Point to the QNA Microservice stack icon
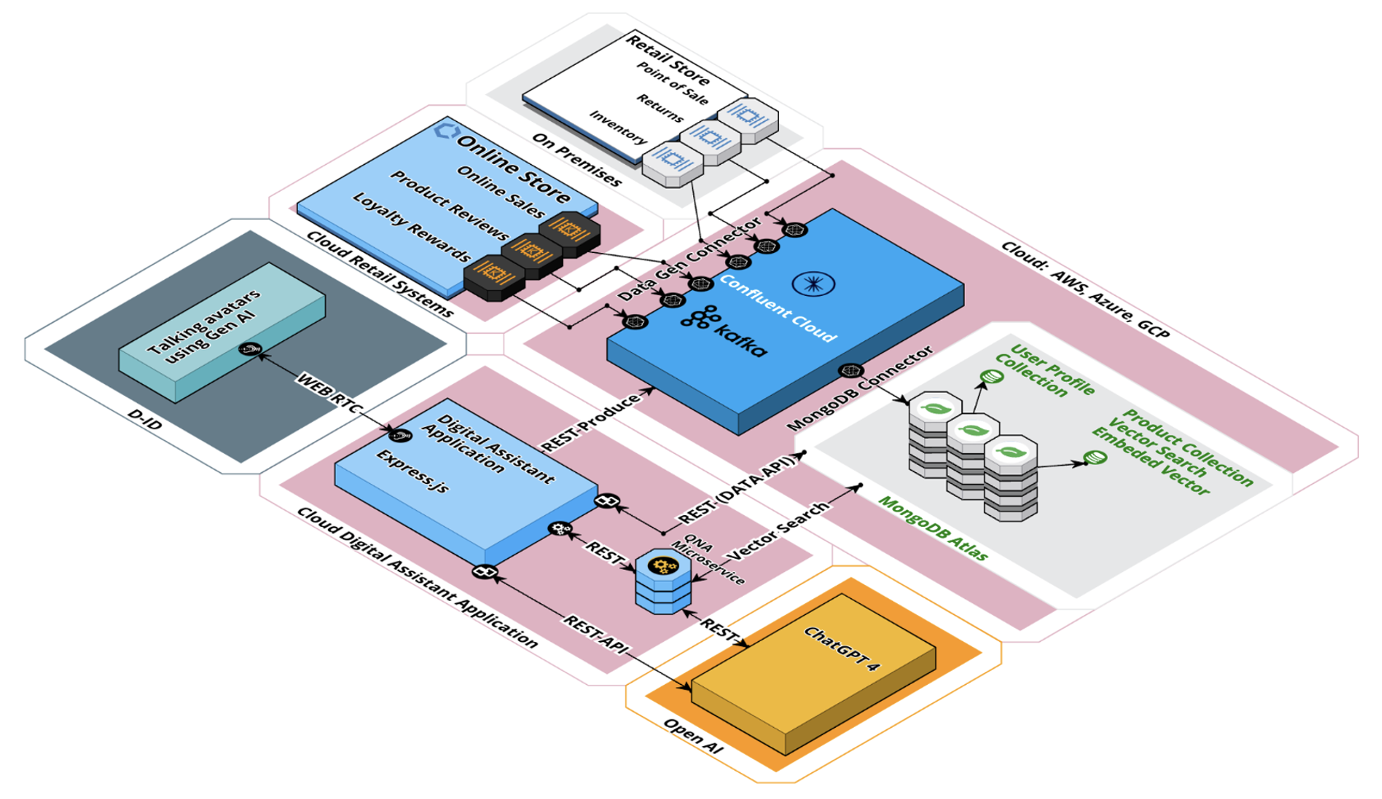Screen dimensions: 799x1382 [x=663, y=581]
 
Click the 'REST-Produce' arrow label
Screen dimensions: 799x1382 [x=590, y=423]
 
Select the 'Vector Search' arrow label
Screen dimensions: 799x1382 [x=778, y=531]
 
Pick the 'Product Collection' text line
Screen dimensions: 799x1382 [x=1188, y=447]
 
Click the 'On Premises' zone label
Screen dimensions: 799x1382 [x=577, y=160]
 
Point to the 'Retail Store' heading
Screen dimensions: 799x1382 [x=668, y=61]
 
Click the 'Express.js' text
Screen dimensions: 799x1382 [x=413, y=471]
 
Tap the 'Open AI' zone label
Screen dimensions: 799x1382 [x=693, y=737]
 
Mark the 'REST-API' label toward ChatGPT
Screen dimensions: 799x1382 [x=596, y=635]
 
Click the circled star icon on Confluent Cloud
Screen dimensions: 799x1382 [x=814, y=284]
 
